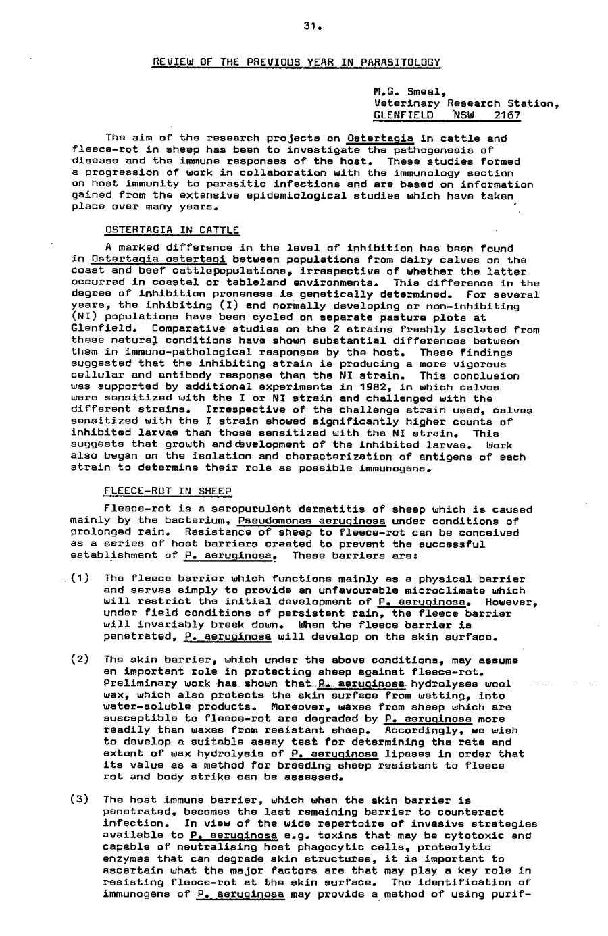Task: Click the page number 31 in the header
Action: pos(311,27)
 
